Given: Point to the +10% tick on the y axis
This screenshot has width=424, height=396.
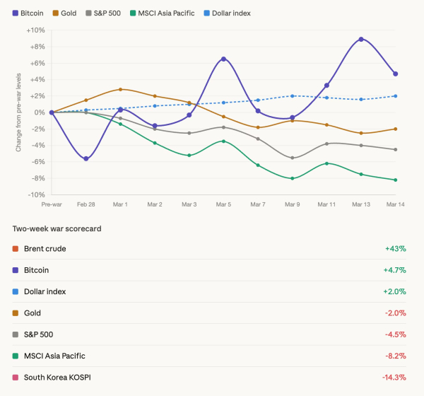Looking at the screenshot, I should [35, 30].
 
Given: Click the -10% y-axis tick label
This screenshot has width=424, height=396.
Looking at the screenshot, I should [36, 194].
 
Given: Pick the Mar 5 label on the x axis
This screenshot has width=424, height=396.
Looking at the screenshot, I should [223, 204].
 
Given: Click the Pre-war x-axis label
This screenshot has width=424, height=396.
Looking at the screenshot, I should [52, 204].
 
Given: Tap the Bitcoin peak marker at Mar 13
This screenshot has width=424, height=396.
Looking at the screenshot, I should [361, 39].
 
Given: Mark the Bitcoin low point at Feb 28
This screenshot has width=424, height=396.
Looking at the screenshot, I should [86, 158].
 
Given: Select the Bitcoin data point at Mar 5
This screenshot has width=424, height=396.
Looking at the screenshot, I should [223, 59].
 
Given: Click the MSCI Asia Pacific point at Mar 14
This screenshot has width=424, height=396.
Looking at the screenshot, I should [395, 180].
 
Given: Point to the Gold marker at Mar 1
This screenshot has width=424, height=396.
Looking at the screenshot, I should [120, 89].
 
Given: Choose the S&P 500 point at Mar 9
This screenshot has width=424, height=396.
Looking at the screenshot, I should [292, 158].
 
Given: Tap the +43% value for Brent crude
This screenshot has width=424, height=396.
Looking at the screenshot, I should [395, 249].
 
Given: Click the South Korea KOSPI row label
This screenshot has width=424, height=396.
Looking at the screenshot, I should [57, 378].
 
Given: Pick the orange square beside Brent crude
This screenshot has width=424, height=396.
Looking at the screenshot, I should [16, 249].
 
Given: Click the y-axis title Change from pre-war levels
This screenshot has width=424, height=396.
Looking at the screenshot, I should [18, 112].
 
